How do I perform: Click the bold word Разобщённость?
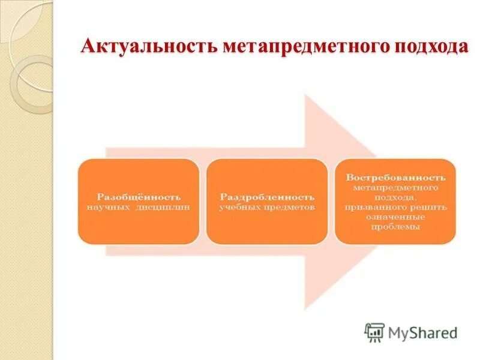pyautogui.click(x=139, y=197)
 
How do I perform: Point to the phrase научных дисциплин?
pyautogui.click(x=139, y=206)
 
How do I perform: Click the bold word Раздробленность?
pyautogui.click(x=266, y=197)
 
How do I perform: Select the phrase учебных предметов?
pyautogui.click(x=266, y=206)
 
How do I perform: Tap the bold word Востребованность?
pyautogui.click(x=395, y=178)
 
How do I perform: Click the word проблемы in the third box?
pyautogui.click(x=395, y=227)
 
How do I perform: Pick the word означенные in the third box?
pyautogui.click(x=395, y=217)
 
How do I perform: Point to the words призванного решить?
pyautogui.click(x=395, y=207)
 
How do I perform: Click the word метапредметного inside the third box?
pyautogui.click(x=395, y=187)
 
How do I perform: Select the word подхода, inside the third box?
pyautogui.click(x=395, y=197)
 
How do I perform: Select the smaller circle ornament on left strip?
pyautogui.click(x=33, y=84)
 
